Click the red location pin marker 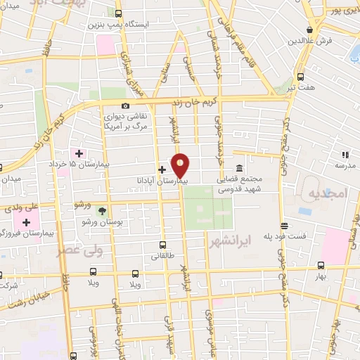pyautogui.click(x=181, y=165)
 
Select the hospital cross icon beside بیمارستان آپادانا pyautogui.click(x=162, y=169)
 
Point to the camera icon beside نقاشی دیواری pyautogui.click(x=126, y=106)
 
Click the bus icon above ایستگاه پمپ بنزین pyautogui.click(x=117, y=13)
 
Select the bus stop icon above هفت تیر pyautogui.click(x=300, y=77)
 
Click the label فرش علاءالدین pyautogui.click(x=309, y=41)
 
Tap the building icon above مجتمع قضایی pyautogui.click(x=239, y=169)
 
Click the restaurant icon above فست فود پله pyautogui.click(x=284, y=226)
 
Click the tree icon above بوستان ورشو pyautogui.click(x=103, y=210)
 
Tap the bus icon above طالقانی pyautogui.click(x=163, y=245)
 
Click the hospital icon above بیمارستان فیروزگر pyautogui.click(x=27, y=222)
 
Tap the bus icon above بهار pyautogui.click(x=321, y=266)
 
